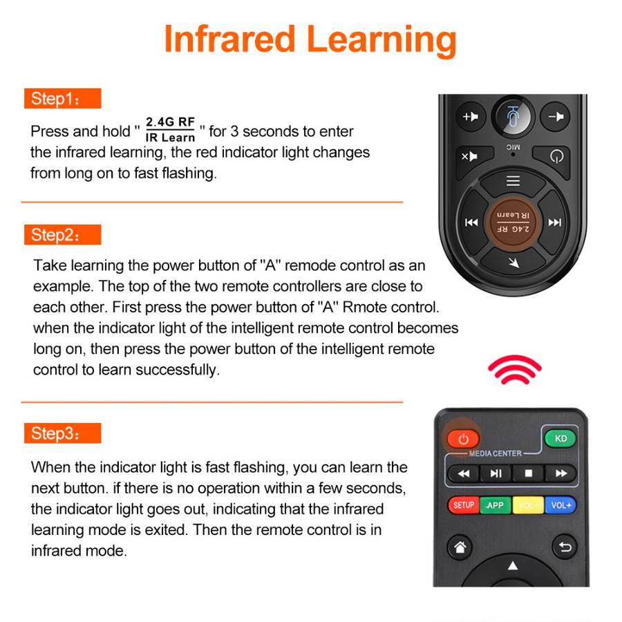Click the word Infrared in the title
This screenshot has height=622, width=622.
click(x=229, y=39)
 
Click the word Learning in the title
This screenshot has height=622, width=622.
click(x=381, y=41)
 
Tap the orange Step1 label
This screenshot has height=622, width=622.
click(x=63, y=98)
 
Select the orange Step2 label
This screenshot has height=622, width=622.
click(x=63, y=235)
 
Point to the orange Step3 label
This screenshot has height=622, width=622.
click(x=63, y=433)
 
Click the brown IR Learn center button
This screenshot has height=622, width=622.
click(x=513, y=222)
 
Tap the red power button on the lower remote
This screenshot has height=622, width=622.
click(x=463, y=439)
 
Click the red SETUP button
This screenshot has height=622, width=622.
click(x=464, y=505)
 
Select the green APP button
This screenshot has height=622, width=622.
click(x=496, y=505)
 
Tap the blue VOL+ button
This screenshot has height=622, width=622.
click(x=561, y=505)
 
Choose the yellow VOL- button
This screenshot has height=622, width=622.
click(x=528, y=505)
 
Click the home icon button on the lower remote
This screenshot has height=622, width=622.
click(x=460, y=547)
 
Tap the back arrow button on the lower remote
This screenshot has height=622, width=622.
click(x=565, y=547)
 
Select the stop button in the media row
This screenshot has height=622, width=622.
click(x=529, y=473)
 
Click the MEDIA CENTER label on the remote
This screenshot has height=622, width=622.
click(x=496, y=453)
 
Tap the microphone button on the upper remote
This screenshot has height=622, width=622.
click(x=513, y=117)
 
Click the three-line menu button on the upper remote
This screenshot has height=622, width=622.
click(x=513, y=181)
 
